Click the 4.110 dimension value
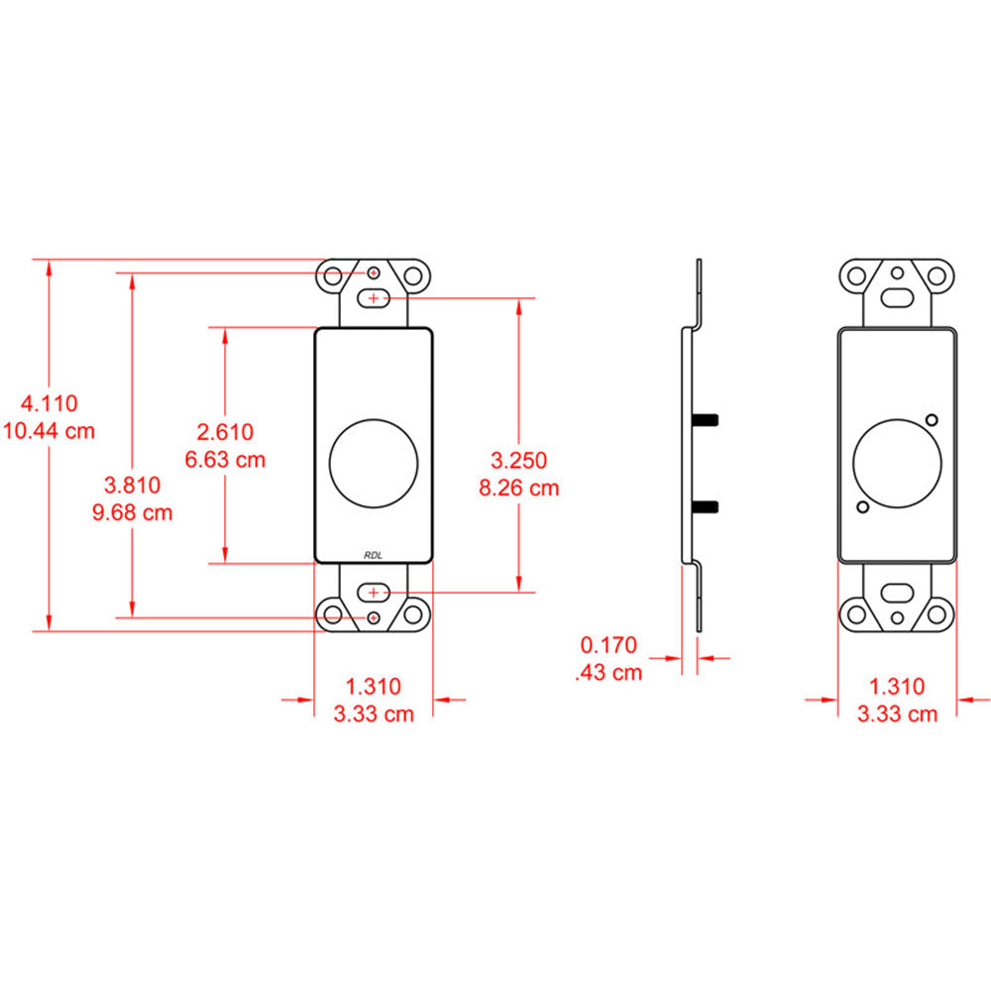point(50,403)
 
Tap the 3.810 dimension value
point(132,485)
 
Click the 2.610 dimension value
point(225,431)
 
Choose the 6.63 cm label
point(225,459)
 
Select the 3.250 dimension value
point(519,460)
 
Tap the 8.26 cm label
point(518,488)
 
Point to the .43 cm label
point(608,673)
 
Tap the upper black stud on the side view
point(706,420)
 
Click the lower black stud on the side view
point(706,507)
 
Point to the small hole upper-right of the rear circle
point(932,417)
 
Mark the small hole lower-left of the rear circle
point(863,507)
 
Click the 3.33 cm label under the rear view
point(897,714)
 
